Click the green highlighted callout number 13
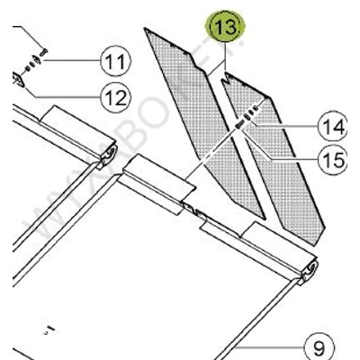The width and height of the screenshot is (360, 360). coord(224,28)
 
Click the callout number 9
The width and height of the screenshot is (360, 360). coord(318,345)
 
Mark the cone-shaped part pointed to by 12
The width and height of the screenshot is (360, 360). coord(18,80)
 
